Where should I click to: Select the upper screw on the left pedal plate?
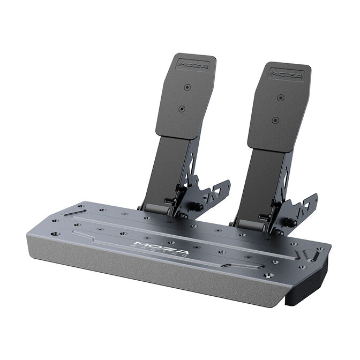click(x=186, y=87)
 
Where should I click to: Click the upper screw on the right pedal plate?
click(x=280, y=97)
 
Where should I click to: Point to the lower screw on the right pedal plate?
click(x=275, y=120)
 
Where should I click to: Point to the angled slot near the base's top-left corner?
click(x=71, y=213)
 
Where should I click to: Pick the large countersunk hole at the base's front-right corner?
click(x=269, y=275)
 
